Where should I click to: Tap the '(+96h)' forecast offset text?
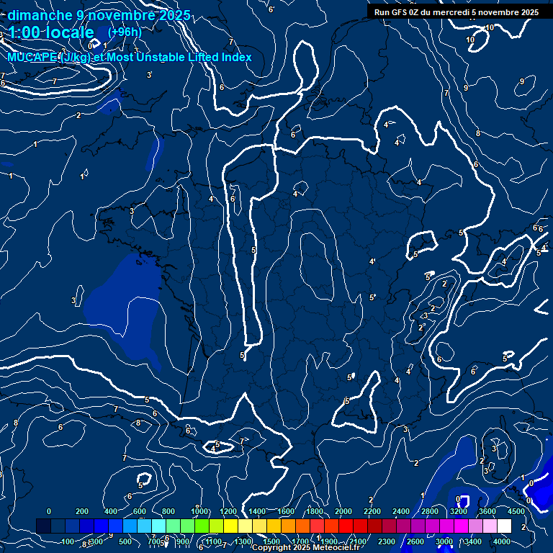point(125,32)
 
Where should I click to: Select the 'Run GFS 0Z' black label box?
point(457,12)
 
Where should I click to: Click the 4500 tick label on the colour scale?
point(516,511)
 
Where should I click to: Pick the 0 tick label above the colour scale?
point(49,511)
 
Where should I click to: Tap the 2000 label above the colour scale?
point(343,511)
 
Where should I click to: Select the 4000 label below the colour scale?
point(502,541)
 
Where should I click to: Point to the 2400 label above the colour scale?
point(401,511)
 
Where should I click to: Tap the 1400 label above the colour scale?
point(257,511)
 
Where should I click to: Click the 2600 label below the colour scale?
point(415,541)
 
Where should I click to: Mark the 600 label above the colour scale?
point(140,511)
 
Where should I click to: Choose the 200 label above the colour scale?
point(82,511)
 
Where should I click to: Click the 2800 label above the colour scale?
point(430,511)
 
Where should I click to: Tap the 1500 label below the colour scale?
point(271,541)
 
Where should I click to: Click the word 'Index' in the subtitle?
point(236,57)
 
